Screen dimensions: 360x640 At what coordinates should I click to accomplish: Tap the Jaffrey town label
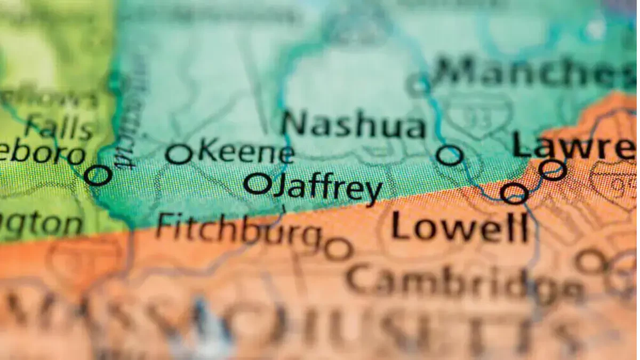(x=327, y=187)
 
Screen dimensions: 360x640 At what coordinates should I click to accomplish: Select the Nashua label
(x=354, y=126)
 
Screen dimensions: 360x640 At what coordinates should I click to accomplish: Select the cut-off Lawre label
(x=574, y=145)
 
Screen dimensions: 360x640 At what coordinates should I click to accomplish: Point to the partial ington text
(x=41, y=225)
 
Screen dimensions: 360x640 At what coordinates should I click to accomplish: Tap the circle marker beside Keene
(x=179, y=154)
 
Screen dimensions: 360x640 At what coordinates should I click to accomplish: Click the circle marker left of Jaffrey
(x=258, y=184)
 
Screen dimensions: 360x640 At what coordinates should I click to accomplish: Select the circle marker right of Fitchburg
(x=338, y=249)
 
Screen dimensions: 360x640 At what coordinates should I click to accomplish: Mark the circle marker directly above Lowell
(x=514, y=193)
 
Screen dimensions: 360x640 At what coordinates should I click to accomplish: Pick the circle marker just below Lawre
(x=552, y=170)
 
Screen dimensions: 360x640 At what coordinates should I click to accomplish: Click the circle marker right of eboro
(x=98, y=175)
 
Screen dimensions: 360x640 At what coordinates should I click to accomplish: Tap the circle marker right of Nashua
(x=449, y=155)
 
